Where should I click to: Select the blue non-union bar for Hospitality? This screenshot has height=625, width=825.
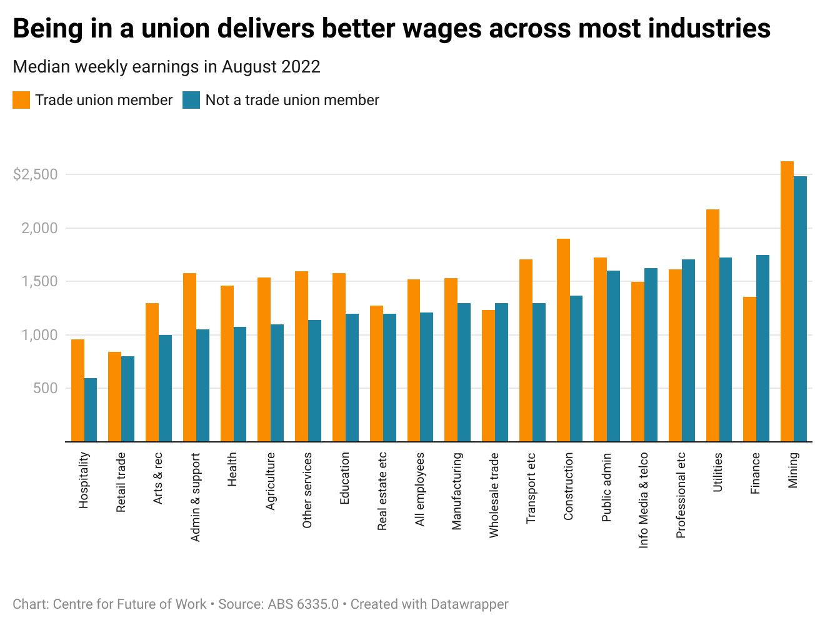coord(91,409)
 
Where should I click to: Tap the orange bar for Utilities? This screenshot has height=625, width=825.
coord(712,325)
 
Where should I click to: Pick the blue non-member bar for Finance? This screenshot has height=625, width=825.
coord(762,348)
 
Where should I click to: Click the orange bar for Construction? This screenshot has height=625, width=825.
coord(563,340)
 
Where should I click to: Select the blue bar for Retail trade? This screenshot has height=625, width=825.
coord(127,399)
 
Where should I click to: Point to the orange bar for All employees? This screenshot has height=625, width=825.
coord(414,361)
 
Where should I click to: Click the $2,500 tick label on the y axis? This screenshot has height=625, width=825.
coord(35,174)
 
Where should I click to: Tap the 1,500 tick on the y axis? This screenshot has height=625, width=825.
coord(39,281)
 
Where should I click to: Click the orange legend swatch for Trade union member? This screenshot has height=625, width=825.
coord(21,100)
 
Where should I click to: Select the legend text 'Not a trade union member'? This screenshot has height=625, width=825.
coord(292,100)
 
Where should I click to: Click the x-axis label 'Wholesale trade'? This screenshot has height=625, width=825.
coord(494,495)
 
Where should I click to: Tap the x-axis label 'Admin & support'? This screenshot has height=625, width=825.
coord(196,497)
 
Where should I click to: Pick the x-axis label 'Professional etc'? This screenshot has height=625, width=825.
coord(681,495)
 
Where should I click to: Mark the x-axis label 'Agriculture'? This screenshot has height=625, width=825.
coord(271,481)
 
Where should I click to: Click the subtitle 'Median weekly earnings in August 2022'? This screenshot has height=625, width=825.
coord(166,67)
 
